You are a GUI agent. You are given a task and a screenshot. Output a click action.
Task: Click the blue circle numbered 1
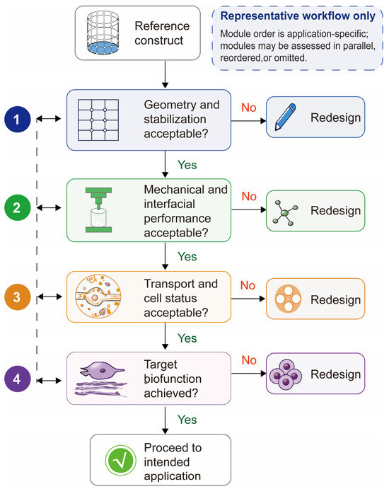18,119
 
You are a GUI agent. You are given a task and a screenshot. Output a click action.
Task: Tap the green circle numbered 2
18,207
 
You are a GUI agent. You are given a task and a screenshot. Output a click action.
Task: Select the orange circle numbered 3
18,297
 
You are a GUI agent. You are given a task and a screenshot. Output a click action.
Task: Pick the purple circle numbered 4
18,379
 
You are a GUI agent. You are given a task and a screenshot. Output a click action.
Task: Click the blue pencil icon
285,117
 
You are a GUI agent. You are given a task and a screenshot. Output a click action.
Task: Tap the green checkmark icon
120,460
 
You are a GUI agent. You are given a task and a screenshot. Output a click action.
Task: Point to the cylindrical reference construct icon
103,33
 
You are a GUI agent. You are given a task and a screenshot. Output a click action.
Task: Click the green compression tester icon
98,210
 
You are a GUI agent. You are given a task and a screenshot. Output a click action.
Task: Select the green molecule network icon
285,212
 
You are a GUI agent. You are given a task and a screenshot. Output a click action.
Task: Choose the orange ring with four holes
288,299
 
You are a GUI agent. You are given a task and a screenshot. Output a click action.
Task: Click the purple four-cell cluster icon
286,374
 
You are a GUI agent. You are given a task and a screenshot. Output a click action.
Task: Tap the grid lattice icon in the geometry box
98,120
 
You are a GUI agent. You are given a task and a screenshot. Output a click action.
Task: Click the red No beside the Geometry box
249,108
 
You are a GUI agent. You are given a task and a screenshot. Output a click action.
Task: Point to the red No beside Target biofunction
249,360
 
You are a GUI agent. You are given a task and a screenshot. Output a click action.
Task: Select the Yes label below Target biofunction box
187,420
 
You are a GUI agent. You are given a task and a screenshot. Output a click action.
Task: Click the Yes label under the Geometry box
187,165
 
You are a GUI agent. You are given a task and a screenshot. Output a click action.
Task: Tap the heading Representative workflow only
298,16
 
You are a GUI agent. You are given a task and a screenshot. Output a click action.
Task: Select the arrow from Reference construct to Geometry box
166,74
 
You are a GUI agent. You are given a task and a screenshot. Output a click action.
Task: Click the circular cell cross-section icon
98,297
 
